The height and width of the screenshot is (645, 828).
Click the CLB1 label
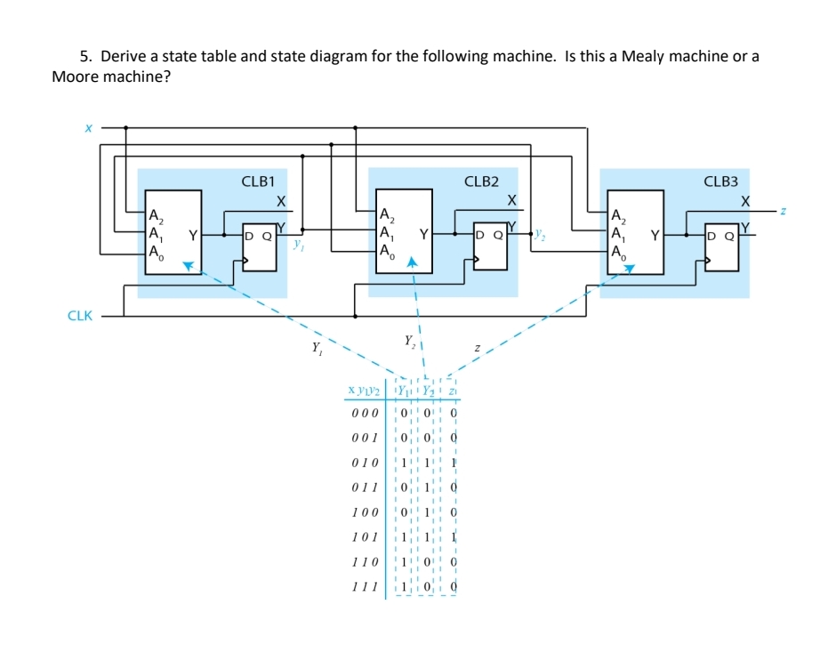pos(258,181)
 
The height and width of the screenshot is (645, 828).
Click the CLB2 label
pos(481,181)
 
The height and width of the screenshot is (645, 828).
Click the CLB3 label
pos(720,181)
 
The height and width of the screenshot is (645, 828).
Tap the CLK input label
pos(80,316)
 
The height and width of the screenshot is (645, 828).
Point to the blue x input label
pos(88,128)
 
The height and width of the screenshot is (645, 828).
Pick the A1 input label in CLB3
pos(618,235)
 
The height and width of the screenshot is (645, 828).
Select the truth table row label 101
pos(365,537)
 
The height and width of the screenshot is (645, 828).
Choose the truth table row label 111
pos(365,588)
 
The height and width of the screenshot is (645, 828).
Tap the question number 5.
pos(85,57)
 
